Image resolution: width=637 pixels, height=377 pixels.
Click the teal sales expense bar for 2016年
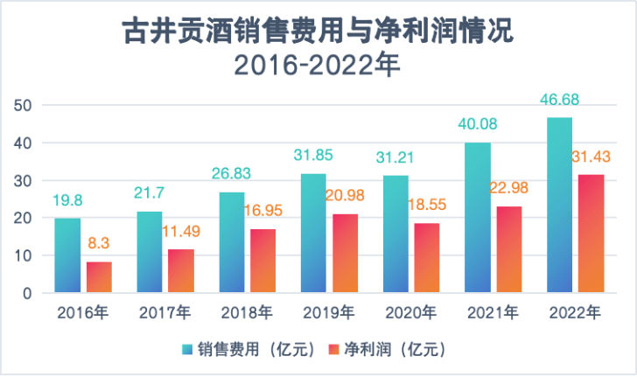[67, 255]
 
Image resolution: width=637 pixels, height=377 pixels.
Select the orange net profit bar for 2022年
[591, 234]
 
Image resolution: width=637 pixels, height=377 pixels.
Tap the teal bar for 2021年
[478, 218]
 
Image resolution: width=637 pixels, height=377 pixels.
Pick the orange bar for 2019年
[345, 254]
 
